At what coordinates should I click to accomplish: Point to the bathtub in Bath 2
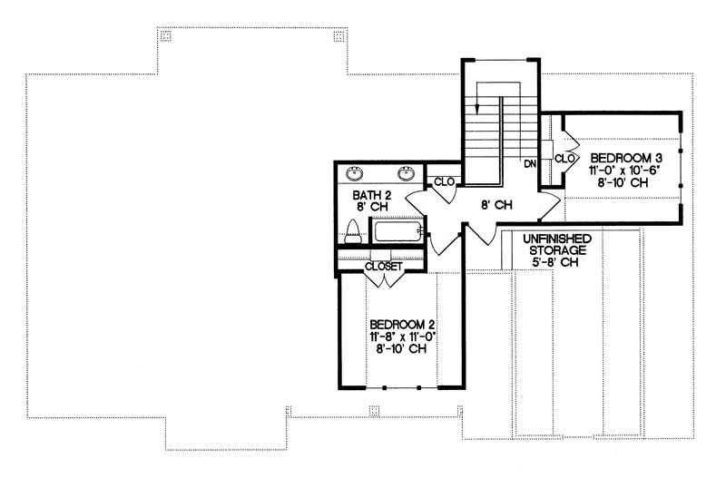pyautogui.click(x=397, y=230)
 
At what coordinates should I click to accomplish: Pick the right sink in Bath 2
pyautogui.click(x=407, y=173)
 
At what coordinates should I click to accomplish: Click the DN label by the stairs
pyautogui.click(x=530, y=164)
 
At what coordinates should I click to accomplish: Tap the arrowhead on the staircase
pyautogui.click(x=477, y=103)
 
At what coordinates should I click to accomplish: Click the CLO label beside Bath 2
pyautogui.click(x=444, y=181)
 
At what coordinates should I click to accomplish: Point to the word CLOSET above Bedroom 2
pyautogui.click(x=383, y=267)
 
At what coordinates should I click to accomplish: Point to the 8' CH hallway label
pyautogui.click(x=495, y=205)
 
